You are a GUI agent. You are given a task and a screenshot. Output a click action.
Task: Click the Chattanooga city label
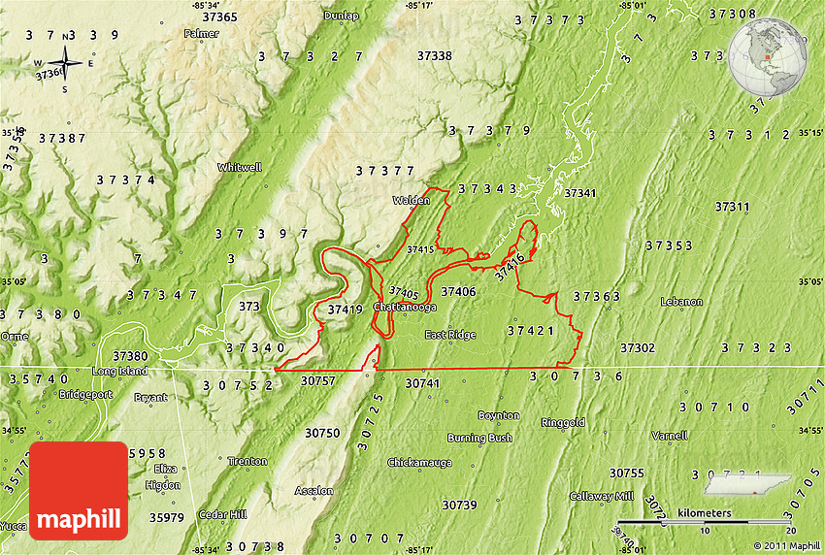pyautogui.click(x=405, y=307)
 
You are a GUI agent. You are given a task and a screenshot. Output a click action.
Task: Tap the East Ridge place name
pyautogui.click(x=450, y=335)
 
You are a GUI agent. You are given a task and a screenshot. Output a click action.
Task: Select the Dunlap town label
pyautogui.click(x=341, y=16)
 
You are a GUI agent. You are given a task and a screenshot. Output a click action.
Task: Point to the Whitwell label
pyautogui.click(x=240, y=167)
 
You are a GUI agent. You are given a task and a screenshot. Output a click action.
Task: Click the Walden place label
pyautogui.click(x=411, y=201)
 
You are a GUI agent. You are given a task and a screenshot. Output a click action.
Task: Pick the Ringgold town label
pyautogui.click(x=563, y=423)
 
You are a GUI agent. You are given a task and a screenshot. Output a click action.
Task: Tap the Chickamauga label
pyautogui.click(x=419, y=462)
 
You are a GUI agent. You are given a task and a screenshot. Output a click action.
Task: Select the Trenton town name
pyautogui.click(x=247, y=461)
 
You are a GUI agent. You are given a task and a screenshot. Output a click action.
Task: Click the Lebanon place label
pyautogui.click(x=681, y=302)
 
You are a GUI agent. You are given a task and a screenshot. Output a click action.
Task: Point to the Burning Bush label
pyautogui.click(x=479, y=439)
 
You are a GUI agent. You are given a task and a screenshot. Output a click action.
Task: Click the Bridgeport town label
pyautogui.click(x=85, y=395)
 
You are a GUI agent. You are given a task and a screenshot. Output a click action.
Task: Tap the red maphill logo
pyautogui.click(x=79, y=490)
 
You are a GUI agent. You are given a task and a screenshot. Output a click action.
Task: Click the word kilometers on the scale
pyautogui.click(x=705, y=511)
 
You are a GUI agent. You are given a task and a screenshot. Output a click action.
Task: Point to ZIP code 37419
pyautogui.click(x=345, y=310)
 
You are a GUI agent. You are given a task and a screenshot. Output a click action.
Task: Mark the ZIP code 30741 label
pyautogui.click(x=422, y=384)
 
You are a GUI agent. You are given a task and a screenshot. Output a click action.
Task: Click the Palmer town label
pyautogui.click(x=201, y=33)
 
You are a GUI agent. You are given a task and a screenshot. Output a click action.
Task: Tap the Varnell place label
pyautogui.click(x=669, y=436)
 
